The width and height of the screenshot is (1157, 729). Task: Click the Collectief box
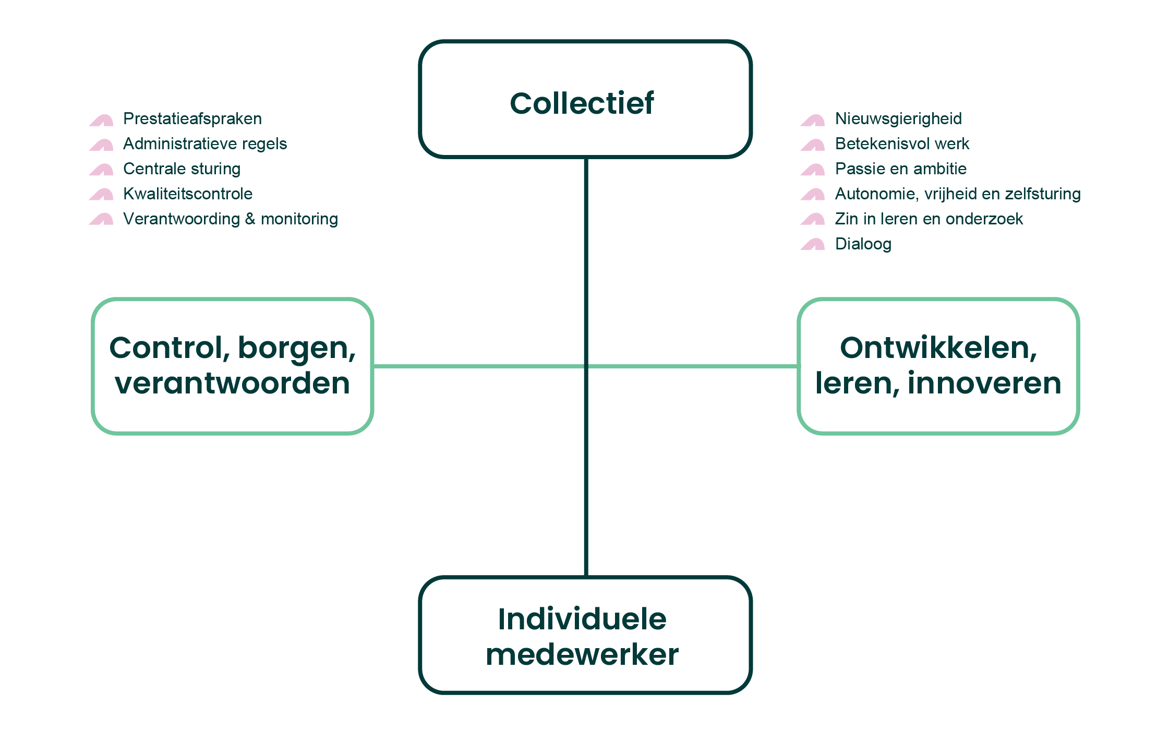point(585,99)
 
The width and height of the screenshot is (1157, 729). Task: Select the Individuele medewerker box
point(585,635)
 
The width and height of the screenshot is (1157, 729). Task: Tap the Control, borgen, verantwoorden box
point(233,366)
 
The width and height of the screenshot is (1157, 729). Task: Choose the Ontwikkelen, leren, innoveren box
point(938,366)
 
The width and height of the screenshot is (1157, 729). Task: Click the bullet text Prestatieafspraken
point(192,119)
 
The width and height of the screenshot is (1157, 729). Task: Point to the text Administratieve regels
point(204,144)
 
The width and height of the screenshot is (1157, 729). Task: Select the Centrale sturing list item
point(182,169)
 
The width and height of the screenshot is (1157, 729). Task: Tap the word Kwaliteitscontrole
point(188,194)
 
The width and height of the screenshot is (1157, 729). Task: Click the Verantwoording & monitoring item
point(230,219)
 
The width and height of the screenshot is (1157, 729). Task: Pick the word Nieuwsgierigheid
point(898,119)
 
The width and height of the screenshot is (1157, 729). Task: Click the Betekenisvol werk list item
point(902,144)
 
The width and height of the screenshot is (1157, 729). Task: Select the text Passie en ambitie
point(900,169)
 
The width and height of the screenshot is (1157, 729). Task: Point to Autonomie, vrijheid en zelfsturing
point(958,194)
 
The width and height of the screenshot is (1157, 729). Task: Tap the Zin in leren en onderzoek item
point(929,219)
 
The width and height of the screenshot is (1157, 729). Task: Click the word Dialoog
point(863,244)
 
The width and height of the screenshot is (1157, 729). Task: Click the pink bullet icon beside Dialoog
point(813,244)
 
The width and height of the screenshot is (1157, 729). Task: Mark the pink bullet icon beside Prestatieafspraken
point(101,120)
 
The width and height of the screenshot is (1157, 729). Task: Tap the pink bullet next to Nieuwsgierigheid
point(813,120)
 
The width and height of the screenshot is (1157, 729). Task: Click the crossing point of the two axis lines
point(586,366)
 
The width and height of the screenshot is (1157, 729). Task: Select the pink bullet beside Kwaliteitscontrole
point(101,194)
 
